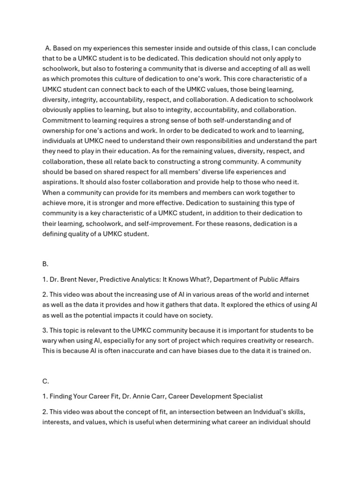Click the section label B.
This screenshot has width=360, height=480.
click(x=45, y=264)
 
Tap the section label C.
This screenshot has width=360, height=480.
click(x=45, y=381)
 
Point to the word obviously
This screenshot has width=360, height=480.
click(x=60, y=110)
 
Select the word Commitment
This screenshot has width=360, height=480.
click(x=63, y=120)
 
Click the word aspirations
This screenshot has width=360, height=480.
click(x=61, y=182)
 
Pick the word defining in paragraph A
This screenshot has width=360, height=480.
click(x=56, y=234)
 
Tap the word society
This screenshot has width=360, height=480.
click(x=201, y=315)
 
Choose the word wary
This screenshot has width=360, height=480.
click(x=51, y=341)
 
